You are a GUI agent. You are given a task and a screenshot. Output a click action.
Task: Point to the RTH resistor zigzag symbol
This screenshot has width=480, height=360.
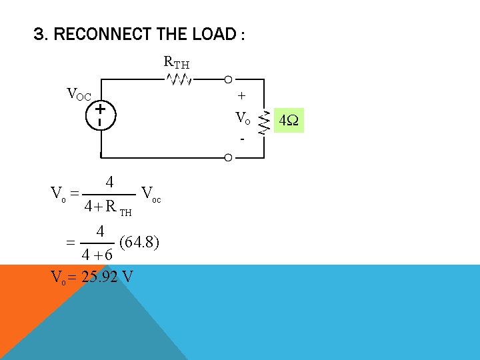coord(179,80)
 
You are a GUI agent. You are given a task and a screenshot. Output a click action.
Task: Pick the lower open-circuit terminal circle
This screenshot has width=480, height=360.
coord(228,157)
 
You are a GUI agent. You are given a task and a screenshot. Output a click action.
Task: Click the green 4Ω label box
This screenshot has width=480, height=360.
coord(289,121)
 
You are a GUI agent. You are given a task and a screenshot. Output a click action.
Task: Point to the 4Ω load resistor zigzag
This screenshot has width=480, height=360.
coord(262,120)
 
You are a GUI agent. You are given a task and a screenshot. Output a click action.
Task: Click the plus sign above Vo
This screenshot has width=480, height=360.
coord(241,96)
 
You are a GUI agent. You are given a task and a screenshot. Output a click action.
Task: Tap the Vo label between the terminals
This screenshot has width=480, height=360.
coord(243,119)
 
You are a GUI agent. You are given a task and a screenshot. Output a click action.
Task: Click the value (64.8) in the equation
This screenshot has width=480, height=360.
coord(138,241)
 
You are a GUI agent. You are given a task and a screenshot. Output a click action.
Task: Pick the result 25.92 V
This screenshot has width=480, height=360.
coord(107,275)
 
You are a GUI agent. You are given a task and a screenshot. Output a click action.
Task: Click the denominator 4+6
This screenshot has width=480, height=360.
coord(97,255)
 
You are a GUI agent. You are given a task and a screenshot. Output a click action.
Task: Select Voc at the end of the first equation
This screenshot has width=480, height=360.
coord(151,194)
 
